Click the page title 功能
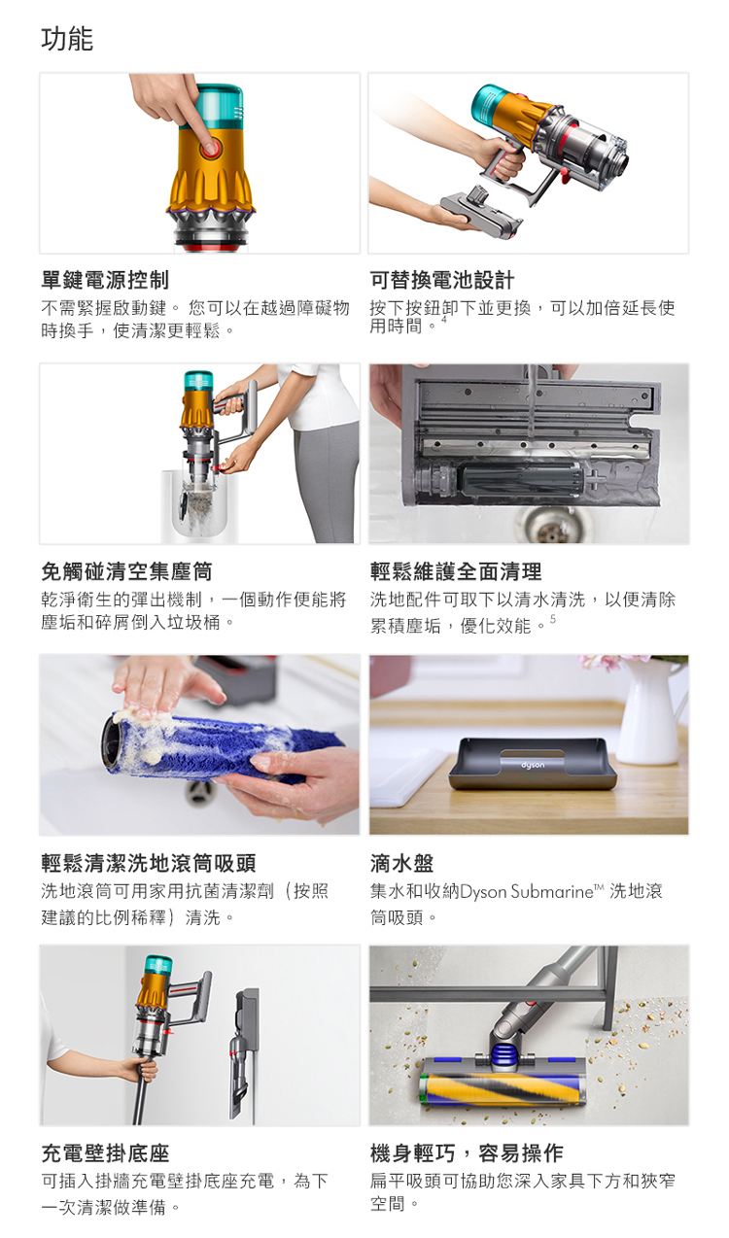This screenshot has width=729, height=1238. (x=67, y=39)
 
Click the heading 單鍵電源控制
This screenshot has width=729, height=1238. (x=105, y=280)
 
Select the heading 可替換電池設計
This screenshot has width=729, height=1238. (x=442, y=280)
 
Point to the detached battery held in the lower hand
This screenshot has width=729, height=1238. (x=482, y=210)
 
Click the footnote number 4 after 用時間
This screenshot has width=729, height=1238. (x=443, y=319)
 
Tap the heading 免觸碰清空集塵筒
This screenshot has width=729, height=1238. (x=126, y=571)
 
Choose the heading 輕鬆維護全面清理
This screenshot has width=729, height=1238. (x=456, y=571)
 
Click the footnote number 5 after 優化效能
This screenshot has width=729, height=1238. (x=553, y=620)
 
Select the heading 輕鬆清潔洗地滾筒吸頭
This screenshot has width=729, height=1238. (x=148, y=863)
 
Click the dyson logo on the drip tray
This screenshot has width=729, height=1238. (x=533, y=766)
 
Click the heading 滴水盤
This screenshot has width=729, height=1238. (x=401, y=863)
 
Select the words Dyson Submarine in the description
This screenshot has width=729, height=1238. (x=526, y=891)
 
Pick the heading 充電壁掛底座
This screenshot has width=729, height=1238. (x=105, y=1153)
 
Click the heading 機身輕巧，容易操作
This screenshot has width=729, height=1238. (x=467, y=1153)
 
